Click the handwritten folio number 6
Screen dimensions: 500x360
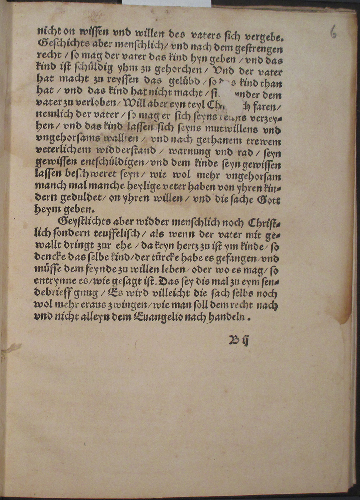333,32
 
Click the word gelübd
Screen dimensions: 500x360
184,82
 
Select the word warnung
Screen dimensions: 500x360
189,151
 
